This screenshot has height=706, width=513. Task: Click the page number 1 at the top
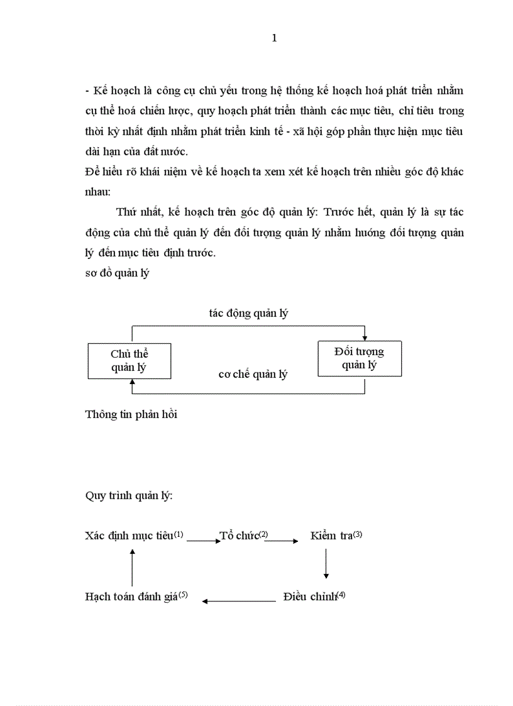pos(274,38)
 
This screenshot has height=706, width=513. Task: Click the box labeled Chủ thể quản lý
pos(129,361)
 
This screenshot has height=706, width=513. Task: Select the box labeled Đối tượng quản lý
pos(360,358)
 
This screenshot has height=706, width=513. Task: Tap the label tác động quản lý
pos(248,313)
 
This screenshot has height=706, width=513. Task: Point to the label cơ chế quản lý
pos(253,374)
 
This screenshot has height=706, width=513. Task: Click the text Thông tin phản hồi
pos(131,414)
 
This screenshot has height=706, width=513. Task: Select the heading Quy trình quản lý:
pos(128,495)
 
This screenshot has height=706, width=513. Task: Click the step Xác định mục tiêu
pos(129,536)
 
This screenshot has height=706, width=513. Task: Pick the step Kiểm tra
pos(331,536)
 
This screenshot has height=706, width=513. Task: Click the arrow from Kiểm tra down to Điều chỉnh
pos(326,563)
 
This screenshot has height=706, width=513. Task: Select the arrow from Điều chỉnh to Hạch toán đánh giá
pos(239,601)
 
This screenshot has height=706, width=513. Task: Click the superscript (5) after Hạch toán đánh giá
pos(183,594)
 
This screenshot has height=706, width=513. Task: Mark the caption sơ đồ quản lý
pos(117,273)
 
